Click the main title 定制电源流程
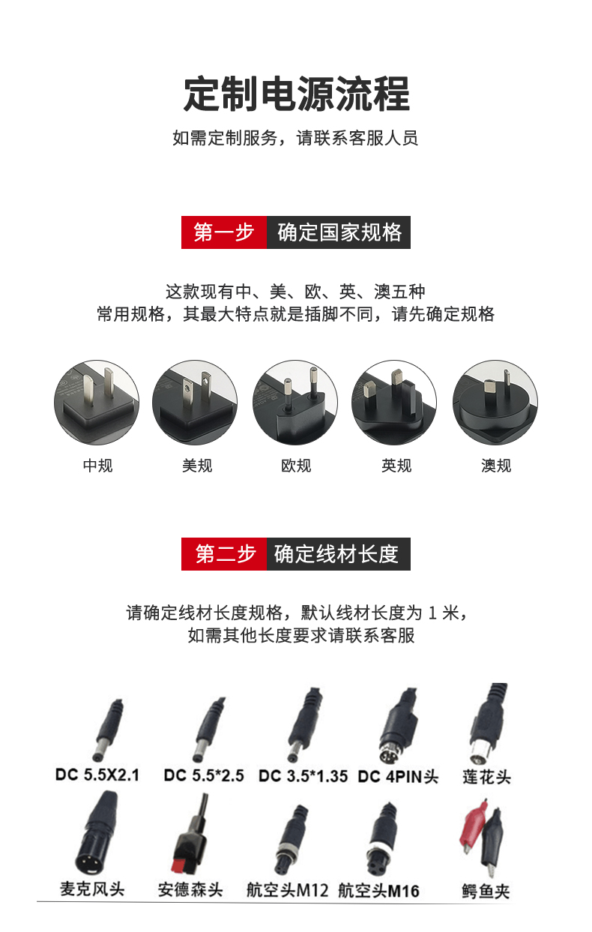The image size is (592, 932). (297, 94)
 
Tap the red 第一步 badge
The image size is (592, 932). (223, 232)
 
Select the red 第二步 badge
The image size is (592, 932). (223, 554)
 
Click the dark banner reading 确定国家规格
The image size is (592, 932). (339, 232)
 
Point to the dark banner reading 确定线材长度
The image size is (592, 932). (339, 554)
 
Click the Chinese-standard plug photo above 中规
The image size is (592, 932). (97, 403)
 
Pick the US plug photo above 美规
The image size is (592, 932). (195, 403)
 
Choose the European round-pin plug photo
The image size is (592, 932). (295, 403)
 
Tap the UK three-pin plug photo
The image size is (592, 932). (394, 403)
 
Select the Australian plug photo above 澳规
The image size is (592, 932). (495, 403)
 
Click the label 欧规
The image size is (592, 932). (296, 465)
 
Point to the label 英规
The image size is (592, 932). (396, 465)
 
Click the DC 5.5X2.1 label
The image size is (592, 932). (97, 775)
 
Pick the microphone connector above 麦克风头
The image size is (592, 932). (96, 832)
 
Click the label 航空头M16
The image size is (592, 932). (378, 891)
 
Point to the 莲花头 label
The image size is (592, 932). (487, 776)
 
